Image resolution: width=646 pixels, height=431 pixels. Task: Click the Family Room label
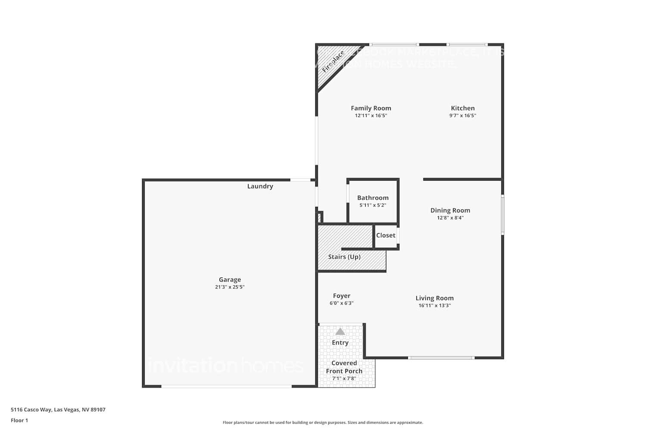(x=371, y=108)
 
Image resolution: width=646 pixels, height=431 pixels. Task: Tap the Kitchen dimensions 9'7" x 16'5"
(x=463, y=116)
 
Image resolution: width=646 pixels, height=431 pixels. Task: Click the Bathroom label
(x=373, y=198)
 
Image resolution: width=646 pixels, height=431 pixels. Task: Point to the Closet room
(x=385, y=235)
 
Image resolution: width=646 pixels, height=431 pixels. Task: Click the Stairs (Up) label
(x=344, y=257)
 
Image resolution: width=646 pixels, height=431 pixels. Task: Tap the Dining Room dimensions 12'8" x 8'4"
(x=450, y=218)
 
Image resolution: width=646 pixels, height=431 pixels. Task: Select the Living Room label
(x=434, y=298)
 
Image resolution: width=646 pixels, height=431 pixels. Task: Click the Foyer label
(x=342, y=296)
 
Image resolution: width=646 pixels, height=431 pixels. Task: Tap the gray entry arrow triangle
(x=340, y=331)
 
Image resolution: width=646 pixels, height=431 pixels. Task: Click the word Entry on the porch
(x=340, y=343)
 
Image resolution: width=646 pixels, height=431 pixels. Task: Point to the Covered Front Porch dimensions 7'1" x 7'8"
(x=344, y=378)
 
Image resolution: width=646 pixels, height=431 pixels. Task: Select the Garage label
(x=230, y=279)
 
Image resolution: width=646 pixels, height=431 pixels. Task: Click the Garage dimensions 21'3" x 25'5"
(x=230, y=287)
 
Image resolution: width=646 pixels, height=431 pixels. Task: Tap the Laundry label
(x=260, y=186)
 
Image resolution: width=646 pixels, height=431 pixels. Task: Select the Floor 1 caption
(x=19, y=420)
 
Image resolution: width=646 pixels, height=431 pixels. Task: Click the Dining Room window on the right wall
(x=502, y=215)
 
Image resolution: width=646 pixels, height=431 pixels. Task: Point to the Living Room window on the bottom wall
(x=441, y=357)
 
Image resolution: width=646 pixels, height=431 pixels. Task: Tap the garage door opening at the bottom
(x=227, y=386)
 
